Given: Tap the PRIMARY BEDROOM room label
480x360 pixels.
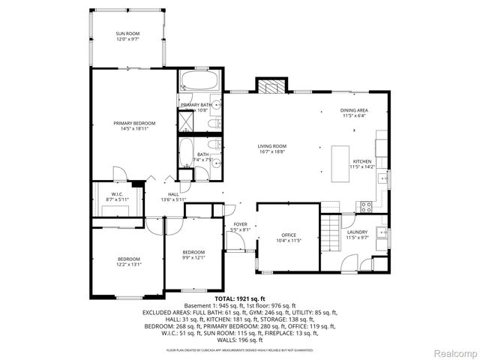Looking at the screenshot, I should (x=134, y=123).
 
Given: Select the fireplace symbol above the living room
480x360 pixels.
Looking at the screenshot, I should (x=272, y=85).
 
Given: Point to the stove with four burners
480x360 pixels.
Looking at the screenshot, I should (x=367, y=206).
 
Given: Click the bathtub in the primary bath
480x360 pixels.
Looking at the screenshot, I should (x=199, y=80).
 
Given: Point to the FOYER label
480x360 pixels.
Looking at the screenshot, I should (x=240, y=224).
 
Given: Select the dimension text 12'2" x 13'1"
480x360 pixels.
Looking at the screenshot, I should (x=128, y=265).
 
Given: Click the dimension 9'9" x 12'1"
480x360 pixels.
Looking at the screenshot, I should (x=193, y=258).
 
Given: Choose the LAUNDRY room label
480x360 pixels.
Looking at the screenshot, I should (x=357, y=232).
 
